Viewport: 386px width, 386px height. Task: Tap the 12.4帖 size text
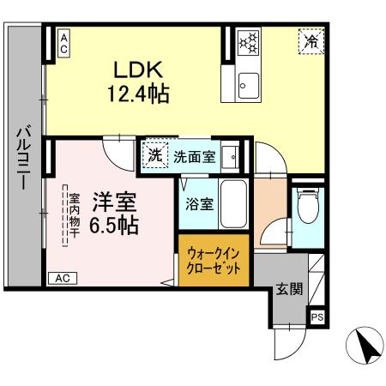[136, 92]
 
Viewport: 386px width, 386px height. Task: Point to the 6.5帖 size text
[112, 225]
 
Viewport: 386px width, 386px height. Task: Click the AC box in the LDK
[63, 44]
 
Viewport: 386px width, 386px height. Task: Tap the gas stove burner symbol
[248, 41]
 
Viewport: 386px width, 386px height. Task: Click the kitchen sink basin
[249, 83]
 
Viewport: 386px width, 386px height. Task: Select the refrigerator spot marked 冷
[311, 40]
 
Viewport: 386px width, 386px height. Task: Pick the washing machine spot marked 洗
[154, 156]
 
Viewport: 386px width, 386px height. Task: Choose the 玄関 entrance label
[289, 289]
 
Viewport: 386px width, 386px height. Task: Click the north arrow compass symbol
[365, 346]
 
